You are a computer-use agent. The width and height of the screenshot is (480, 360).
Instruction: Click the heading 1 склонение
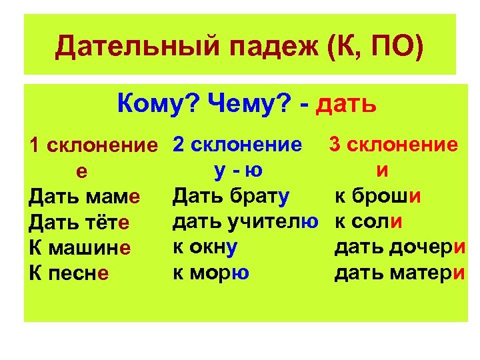click(97, 145)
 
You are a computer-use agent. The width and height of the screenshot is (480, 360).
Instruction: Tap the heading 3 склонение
click(393, 144)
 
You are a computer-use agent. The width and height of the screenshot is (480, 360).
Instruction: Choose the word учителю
click(279, 221)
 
